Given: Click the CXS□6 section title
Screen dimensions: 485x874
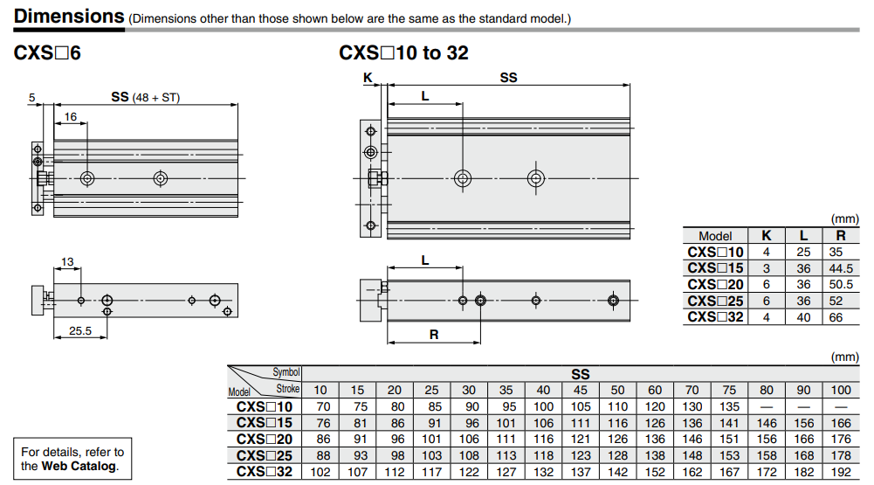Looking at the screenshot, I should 47,53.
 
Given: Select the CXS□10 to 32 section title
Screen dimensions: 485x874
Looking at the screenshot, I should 403,53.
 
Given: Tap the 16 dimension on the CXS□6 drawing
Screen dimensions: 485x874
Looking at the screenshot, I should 71,116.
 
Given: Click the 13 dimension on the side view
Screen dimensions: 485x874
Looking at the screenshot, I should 67,261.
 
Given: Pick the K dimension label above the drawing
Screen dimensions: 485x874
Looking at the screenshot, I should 368,78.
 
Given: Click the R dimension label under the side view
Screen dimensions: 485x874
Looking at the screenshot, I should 433,334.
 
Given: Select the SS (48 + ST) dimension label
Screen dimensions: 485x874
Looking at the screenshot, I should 145,97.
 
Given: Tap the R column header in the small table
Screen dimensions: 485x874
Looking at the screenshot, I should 840,235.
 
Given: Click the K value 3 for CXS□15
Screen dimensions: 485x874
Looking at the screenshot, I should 767,268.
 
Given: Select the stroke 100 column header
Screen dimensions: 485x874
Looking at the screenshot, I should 842,390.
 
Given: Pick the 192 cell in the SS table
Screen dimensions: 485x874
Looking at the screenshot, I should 842,473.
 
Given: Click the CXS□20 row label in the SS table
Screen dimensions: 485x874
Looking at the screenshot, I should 265,440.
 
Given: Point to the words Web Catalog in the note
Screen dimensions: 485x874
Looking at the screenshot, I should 80,466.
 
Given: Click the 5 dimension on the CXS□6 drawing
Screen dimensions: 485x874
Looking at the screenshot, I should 31,98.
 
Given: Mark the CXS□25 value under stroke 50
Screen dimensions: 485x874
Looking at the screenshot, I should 618,456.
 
